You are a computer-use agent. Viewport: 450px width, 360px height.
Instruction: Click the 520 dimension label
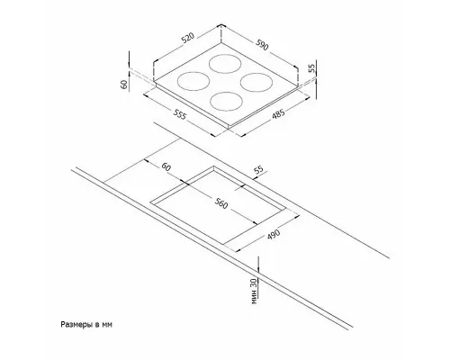(188, 39)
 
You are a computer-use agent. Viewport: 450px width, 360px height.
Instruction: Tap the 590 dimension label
(262, 45)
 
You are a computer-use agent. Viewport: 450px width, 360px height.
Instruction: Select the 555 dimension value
(180, 114)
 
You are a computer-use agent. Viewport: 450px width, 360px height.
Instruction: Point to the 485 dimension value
(278, 114)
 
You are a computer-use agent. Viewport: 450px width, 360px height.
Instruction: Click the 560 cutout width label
(221, 203)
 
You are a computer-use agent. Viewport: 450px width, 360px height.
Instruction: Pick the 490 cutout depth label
(274, 235)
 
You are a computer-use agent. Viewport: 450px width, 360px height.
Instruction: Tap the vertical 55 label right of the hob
(312, 68)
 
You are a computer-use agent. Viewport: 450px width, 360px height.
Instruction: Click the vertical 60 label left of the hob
(124, 85)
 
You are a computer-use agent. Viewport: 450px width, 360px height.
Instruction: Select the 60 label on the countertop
(166, 166)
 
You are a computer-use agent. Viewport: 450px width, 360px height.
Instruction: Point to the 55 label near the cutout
(258, 170)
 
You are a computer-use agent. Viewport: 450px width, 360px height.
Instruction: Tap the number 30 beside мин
(254, 283)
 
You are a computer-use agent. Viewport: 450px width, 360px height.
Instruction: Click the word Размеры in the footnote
(76, 325)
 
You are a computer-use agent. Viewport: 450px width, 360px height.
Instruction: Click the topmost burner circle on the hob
(226, 64)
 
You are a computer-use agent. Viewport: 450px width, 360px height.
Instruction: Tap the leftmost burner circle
(193, 81)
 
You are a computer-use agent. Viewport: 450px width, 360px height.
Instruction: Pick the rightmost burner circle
(256, 83)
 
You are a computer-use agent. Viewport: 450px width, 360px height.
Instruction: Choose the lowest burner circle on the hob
(226, 101)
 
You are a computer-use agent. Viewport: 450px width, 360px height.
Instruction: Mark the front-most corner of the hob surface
(229, 126)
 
